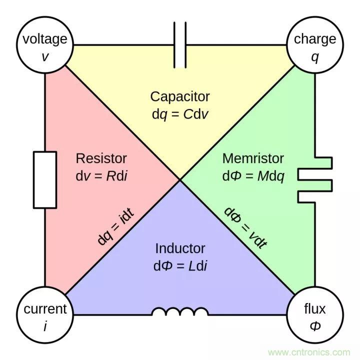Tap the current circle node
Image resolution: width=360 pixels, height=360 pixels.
tap(45, 315)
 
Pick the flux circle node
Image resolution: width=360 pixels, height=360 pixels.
tap(314, 315)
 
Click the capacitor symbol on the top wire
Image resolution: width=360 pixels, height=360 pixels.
tap(180, 45)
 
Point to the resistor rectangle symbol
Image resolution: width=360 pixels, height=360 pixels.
tap(45, 180)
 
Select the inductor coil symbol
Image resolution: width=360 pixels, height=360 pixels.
tap(180, 312)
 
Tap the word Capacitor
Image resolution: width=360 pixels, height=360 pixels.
tap(180, 96)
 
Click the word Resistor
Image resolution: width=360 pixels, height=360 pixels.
tap(101, 158)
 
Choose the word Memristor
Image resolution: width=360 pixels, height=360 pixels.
tap(253, 158)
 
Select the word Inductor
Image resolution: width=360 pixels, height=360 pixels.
tap(180, 248)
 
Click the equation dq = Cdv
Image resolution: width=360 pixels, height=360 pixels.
tap(180, 114)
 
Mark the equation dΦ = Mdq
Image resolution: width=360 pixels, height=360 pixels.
tap(254, 176)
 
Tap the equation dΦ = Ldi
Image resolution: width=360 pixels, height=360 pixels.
tap(180, 265)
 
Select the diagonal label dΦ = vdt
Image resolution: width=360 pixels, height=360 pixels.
tap(245, 227)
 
